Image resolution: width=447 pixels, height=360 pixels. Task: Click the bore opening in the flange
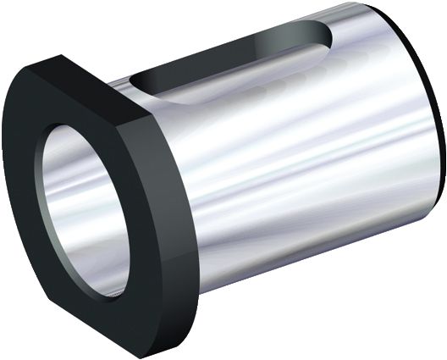pyautogui.click(x=85, y=208)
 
